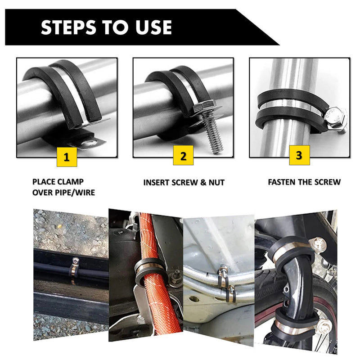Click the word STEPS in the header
coord(68,27)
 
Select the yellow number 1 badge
coord(67,157)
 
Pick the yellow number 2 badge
coord(183,155)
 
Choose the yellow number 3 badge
coord(299,155)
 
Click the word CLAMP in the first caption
coord(71,182)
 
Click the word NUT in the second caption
coord(216,183)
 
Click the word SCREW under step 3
coord(328,182)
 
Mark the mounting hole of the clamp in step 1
coord(90,143)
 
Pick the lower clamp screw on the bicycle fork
coord(325,325)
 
